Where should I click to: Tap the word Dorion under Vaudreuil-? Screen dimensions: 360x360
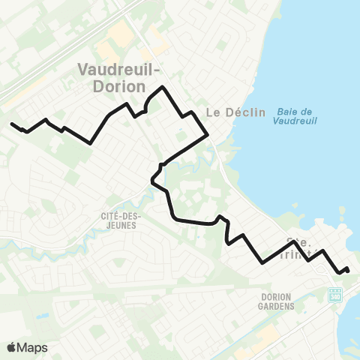pos(112,86)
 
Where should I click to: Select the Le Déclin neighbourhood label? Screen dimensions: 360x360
pos(235,112)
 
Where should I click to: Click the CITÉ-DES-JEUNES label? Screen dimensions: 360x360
pos(121,218)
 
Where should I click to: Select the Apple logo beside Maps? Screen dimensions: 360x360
pos(11,347)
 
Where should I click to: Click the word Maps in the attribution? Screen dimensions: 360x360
pos(32,347)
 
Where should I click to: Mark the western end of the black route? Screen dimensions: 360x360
pos(12,124)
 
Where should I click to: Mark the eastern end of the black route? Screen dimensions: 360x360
pos(348,270)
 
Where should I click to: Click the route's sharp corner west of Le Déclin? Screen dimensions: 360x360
pos(206,136)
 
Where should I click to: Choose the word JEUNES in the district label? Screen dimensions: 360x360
pos(121,223)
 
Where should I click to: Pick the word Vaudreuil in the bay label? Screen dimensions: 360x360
pos(295,120)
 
